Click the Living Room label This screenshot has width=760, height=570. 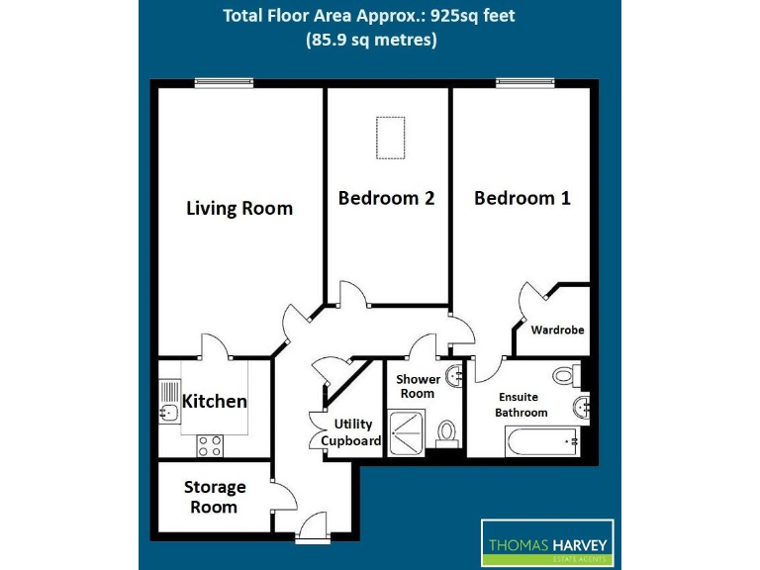tap(239, 208)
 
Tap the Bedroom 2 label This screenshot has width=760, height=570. tap(386, 198)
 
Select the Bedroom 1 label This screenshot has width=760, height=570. tap(522, 198)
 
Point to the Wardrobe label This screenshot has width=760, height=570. tap(557, 330)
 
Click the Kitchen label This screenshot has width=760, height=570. tap(214, 401)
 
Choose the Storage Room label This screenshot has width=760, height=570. tap(215, 497)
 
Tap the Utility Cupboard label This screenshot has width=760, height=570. tap(351, 432)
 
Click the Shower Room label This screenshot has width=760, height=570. tap(417, 386)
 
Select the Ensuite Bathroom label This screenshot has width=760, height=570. tap(522, 405)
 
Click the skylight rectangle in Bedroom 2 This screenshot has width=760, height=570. tap(387, 138)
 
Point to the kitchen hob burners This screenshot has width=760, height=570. tap(210, 445)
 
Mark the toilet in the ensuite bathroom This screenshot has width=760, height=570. tap(565, 374)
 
